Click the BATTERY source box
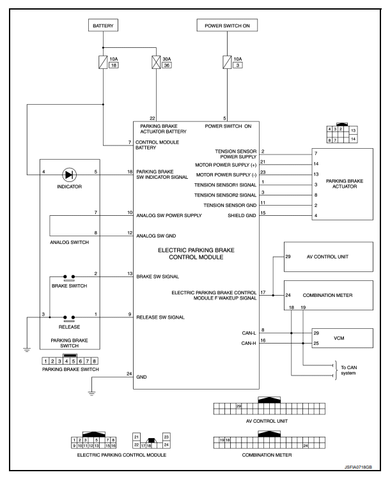[103, 26]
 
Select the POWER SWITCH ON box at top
[227, 26]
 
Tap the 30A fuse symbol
[156, 63]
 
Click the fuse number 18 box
[114, 65]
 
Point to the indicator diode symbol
[69, 175]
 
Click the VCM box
[342, 338]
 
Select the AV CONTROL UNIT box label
[327, 257]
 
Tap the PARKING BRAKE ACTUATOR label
[345, 184]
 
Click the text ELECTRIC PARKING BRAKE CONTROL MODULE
[196, 254]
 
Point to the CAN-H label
[249, 343]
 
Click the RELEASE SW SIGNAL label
[160, 317]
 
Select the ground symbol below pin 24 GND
[91, 393]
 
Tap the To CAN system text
[348, 370]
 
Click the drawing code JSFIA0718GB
[358, 467]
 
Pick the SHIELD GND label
[242, 215]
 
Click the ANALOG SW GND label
[156, 236]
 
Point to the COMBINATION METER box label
[327, 295]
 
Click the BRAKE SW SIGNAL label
[157, 276]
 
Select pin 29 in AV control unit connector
[238, 406]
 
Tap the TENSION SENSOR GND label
[230, 206]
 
